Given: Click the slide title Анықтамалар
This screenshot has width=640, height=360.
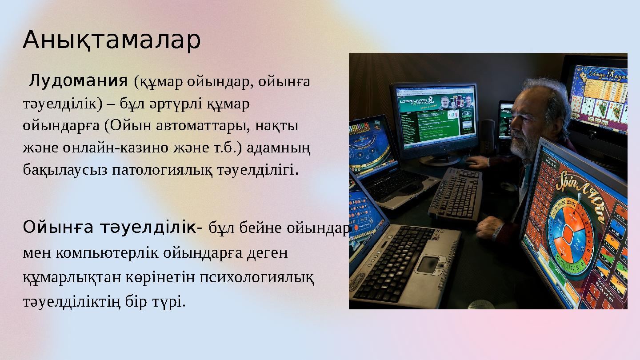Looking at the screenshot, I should point(112,40).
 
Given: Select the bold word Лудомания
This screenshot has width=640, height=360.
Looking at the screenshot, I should point(78,81).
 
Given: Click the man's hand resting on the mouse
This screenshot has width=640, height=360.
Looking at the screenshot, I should point(478,162).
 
